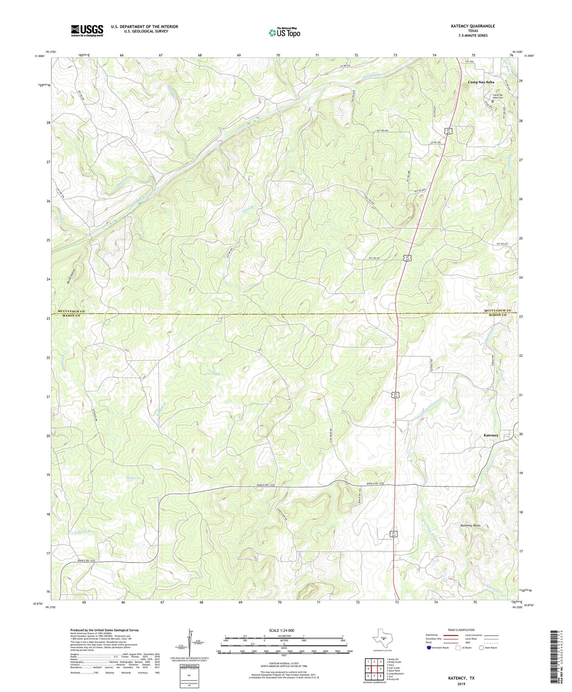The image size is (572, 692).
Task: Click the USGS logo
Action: pyautogui.click(x=87, y=31)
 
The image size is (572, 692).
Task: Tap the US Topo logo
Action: pyautogui.click(x=284, y=32)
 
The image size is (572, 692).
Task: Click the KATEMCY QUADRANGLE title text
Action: pyautogui.click(x=473, y=26)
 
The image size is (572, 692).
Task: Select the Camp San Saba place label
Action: pyautogui.click(x=481, y=82)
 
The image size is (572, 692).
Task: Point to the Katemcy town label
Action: pyautogui.click(x=491, y=435)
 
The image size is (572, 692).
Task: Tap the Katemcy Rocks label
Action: pyautogui.click(x=470, y=526)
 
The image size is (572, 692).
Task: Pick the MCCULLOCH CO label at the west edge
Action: pyautogui.click(x=71, y=311)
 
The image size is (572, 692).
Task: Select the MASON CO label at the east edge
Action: pyautogui.click(x=498, y=315)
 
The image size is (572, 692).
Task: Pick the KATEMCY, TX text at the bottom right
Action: pyautogui.click(x=461, y=678)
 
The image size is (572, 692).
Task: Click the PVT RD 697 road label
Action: pyautogui.click(x=374, y=258)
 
